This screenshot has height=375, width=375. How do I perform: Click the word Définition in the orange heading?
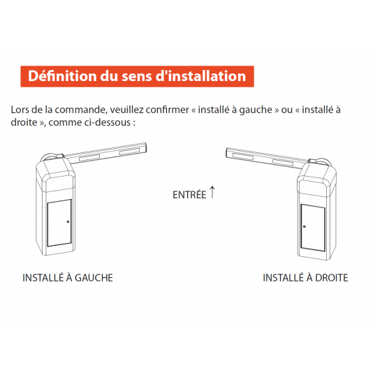[x=62, y=76]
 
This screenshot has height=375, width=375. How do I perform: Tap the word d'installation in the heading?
[x=200, y=76]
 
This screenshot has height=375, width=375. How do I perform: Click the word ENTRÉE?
[x=189, y=195]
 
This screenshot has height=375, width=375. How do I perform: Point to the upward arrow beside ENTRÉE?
[x=212, y=192]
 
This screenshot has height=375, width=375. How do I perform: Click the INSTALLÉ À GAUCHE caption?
[x=68, y=278]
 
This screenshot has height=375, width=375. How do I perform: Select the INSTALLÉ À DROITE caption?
[x=305, y=278]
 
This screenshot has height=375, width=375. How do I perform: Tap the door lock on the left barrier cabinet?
[x=68, y=221]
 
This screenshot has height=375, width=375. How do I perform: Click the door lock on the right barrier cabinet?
[x=304, y=226]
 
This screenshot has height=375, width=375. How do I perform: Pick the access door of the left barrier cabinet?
[x=59, y=223]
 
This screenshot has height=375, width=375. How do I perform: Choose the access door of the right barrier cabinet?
[x=313, y=228]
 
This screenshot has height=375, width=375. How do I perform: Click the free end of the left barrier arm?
[x=146, y=147]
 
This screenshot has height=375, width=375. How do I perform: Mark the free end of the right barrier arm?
[x=227, y=152]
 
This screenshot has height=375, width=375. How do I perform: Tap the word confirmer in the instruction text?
[x=168, y=110]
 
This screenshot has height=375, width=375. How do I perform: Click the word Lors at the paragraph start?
[x=20, y=110]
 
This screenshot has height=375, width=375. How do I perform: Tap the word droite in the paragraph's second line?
[x=24, y=122]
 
